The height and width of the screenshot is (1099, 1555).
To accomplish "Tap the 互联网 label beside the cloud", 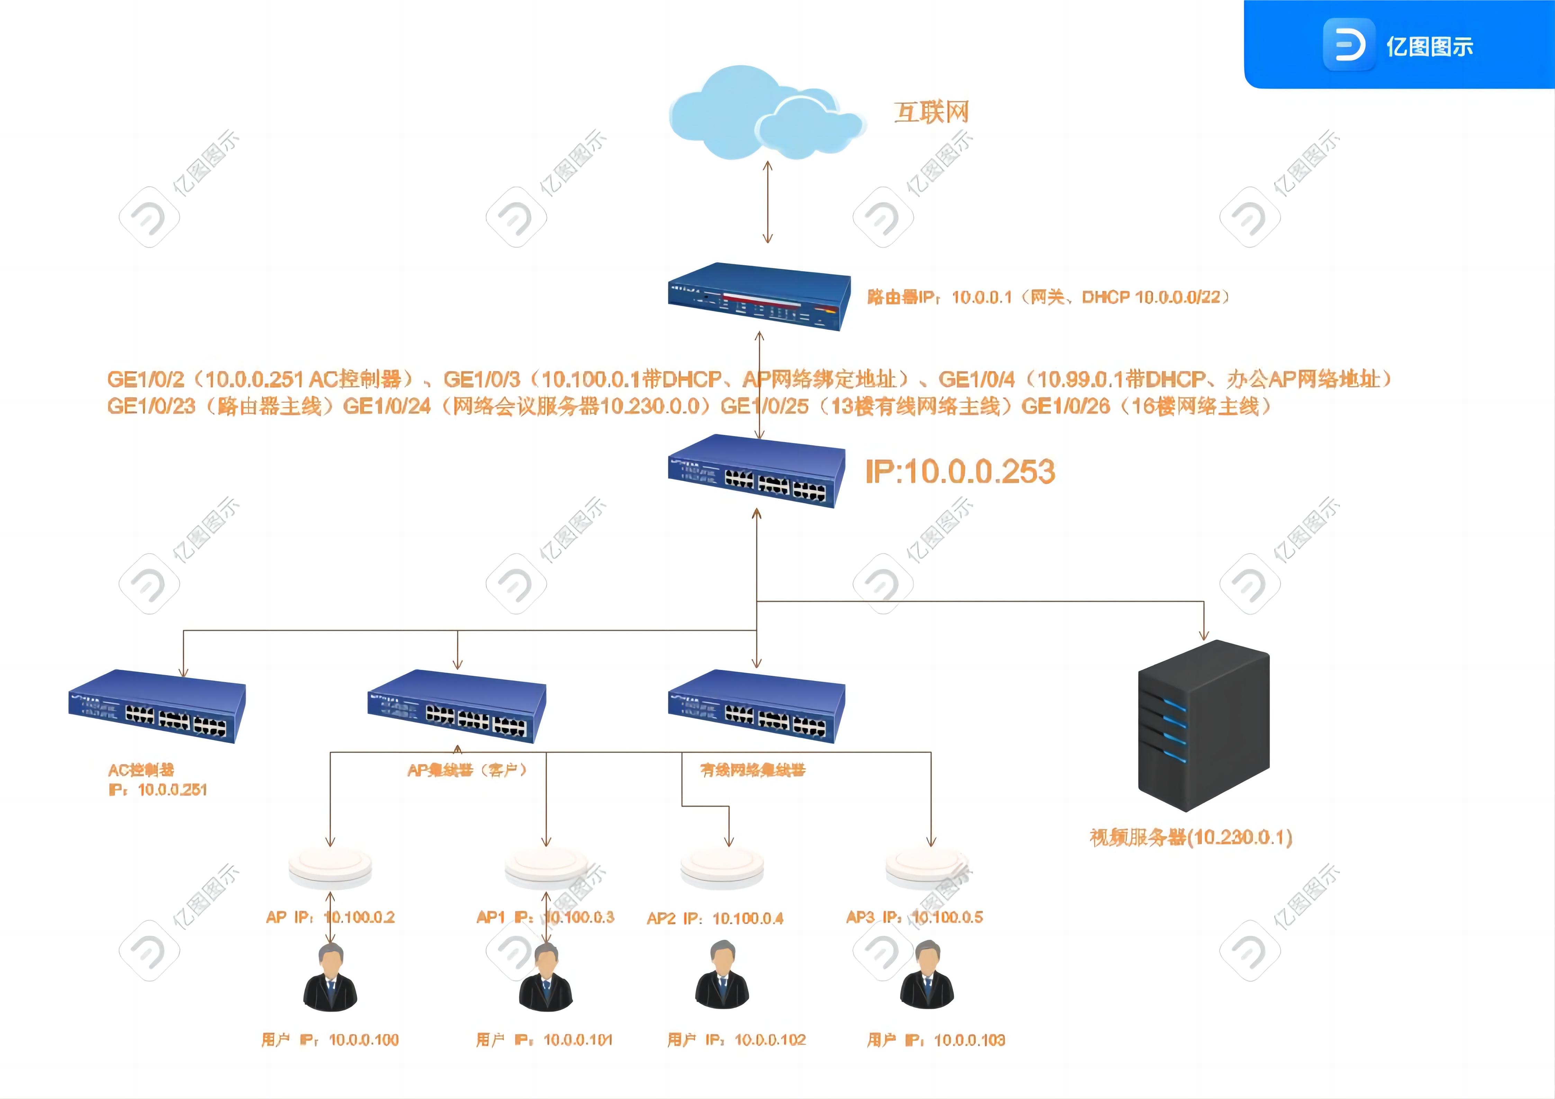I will pyautogui.click(x=931, y=112).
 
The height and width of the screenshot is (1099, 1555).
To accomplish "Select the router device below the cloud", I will pyautogui.click(x=758, y=297).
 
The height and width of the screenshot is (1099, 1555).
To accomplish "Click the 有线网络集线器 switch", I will pyautogui.click(x=756, y=706).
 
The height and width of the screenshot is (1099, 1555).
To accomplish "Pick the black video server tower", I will pyautogui.click(x=1204, y=726).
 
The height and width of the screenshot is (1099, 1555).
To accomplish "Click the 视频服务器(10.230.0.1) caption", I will pyautogui.click(x=1190, y=838).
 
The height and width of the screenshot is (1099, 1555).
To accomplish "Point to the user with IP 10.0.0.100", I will pyautogui.click(x=331, y=977).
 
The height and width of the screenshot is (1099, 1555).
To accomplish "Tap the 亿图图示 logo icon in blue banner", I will pyautogui.click(x=1348, y=45).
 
